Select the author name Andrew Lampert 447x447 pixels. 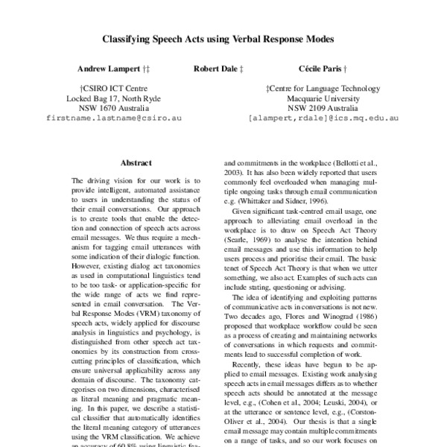tap(103, 69)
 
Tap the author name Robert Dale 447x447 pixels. tap(218, 69)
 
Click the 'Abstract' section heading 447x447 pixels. tap(136, 162)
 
